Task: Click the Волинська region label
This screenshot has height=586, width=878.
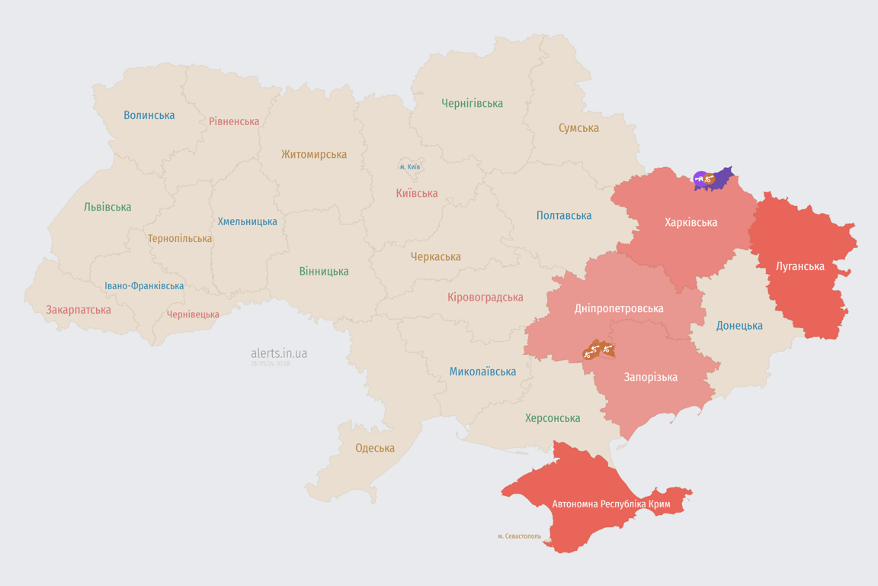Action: (149, 115)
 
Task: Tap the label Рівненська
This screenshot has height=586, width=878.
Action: (234, 121)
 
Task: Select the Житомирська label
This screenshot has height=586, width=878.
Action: (314, 154)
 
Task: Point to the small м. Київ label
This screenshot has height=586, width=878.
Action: (410, 166)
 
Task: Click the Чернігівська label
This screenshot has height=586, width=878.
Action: (472, 103)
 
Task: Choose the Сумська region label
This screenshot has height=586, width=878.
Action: (578, 128)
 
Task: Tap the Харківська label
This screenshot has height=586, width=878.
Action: (691, 223)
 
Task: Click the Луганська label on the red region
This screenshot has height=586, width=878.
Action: (800, 266)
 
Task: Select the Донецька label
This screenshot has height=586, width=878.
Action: (739, 326)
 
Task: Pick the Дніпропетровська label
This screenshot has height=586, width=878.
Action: (619, 308)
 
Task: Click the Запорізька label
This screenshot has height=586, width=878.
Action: (651, 377)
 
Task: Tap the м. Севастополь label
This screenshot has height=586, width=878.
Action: (519, 536)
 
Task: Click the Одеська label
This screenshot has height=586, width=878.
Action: (375, 448)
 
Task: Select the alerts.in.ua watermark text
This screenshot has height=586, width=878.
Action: (279, 353)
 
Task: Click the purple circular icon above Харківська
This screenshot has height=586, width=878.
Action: (700, 179)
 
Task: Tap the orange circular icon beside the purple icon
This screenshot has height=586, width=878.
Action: (710, 180)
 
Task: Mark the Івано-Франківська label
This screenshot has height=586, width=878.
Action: (144, 286)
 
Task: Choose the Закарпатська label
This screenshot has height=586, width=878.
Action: (79, 310)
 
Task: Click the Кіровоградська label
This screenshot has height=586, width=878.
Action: (485, 297)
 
